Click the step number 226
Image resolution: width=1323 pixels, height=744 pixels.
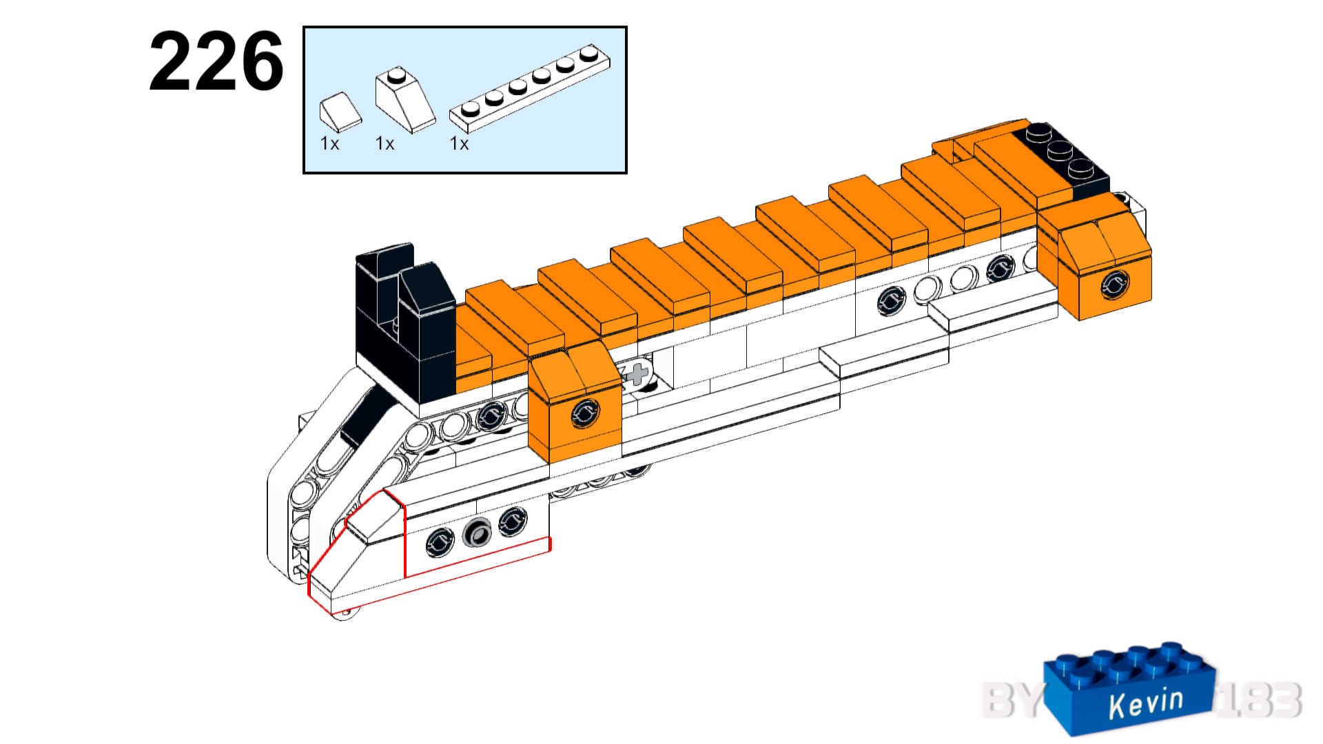click(216, 62)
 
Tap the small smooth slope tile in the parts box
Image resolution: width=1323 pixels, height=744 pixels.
click(340, 112)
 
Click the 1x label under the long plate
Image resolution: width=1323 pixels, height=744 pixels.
click(459, 143)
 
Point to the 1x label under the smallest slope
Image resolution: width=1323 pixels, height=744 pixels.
click(329, 143)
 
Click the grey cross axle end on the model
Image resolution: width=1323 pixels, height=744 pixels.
click(637, 374)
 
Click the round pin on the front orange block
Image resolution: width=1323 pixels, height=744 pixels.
click(585, 413)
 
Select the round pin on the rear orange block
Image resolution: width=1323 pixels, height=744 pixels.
click(1114, 284)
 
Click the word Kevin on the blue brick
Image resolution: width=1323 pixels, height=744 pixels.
click(1146, 703)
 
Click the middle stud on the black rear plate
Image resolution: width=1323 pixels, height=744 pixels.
click(1060, 149)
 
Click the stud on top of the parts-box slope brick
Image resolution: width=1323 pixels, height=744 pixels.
click(396, 74)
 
